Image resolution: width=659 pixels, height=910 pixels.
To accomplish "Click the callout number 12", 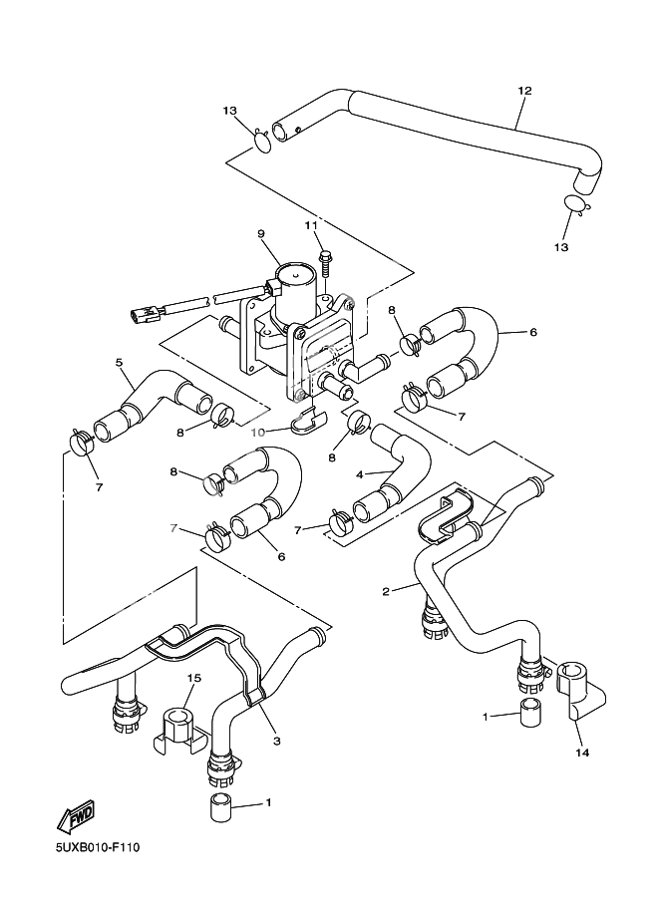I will [x=524, y=91].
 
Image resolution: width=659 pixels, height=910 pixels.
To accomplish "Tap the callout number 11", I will [x=311, y=226].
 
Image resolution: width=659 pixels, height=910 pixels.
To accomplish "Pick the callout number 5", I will [x=119, y=363].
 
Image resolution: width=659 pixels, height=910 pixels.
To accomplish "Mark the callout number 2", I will [x=385, y=591].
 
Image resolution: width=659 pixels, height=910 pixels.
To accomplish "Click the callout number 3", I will [x=274, y=742].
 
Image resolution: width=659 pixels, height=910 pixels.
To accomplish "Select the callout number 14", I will [x=582, y=753].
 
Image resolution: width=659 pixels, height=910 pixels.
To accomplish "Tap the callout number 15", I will [x=194, y=679].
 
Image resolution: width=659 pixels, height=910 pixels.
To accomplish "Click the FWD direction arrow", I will [x=75, y=819].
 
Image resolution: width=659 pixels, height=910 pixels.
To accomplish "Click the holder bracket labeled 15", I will [x=177, y=730].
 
